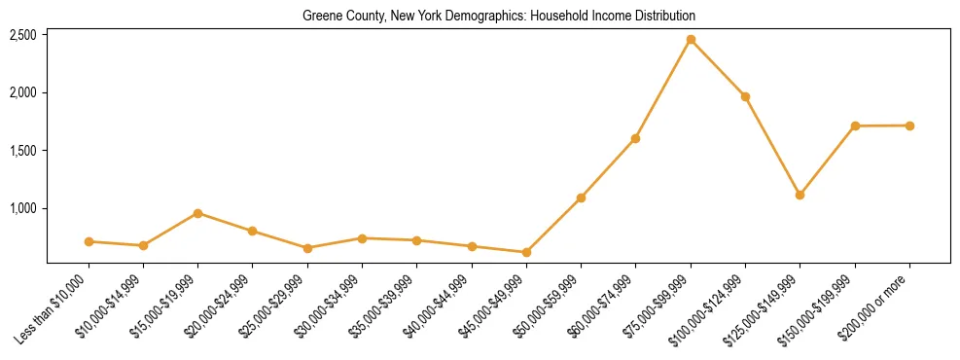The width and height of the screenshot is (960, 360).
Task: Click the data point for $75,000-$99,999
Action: [691, 39]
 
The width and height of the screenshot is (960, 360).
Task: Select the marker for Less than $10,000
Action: [89, 241]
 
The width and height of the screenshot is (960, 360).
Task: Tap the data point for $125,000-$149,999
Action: [800, 195]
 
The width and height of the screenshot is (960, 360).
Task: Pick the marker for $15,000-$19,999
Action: [197, 213]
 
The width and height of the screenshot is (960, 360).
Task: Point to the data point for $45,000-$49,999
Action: [526, 252]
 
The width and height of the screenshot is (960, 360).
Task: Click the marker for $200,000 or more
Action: [909, 126]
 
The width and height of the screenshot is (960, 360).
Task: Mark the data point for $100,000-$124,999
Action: [745, 96]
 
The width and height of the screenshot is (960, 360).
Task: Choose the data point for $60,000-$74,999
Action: [635, 138]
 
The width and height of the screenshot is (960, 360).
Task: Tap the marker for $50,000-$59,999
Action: [581, 198]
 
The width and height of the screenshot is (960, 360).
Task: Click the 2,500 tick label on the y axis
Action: [23, 35]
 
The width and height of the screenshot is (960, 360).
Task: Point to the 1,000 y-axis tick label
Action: [23, 208]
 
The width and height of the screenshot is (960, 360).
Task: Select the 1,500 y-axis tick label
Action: [23, 151]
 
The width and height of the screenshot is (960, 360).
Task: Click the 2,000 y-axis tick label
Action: [23, 92]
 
